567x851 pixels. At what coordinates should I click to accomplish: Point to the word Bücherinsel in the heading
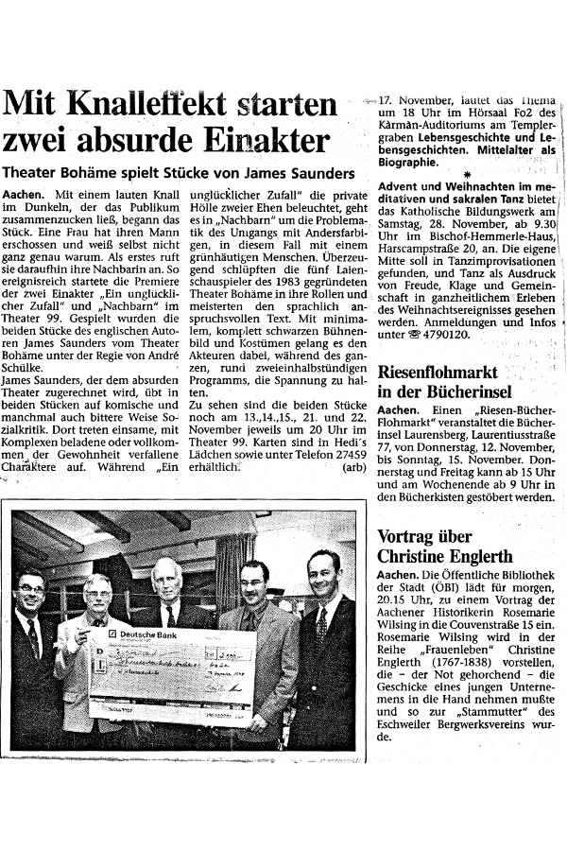click(457, 391)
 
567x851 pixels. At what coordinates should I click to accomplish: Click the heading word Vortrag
click(410, 534)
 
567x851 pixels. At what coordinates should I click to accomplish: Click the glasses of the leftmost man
click(32, 590)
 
